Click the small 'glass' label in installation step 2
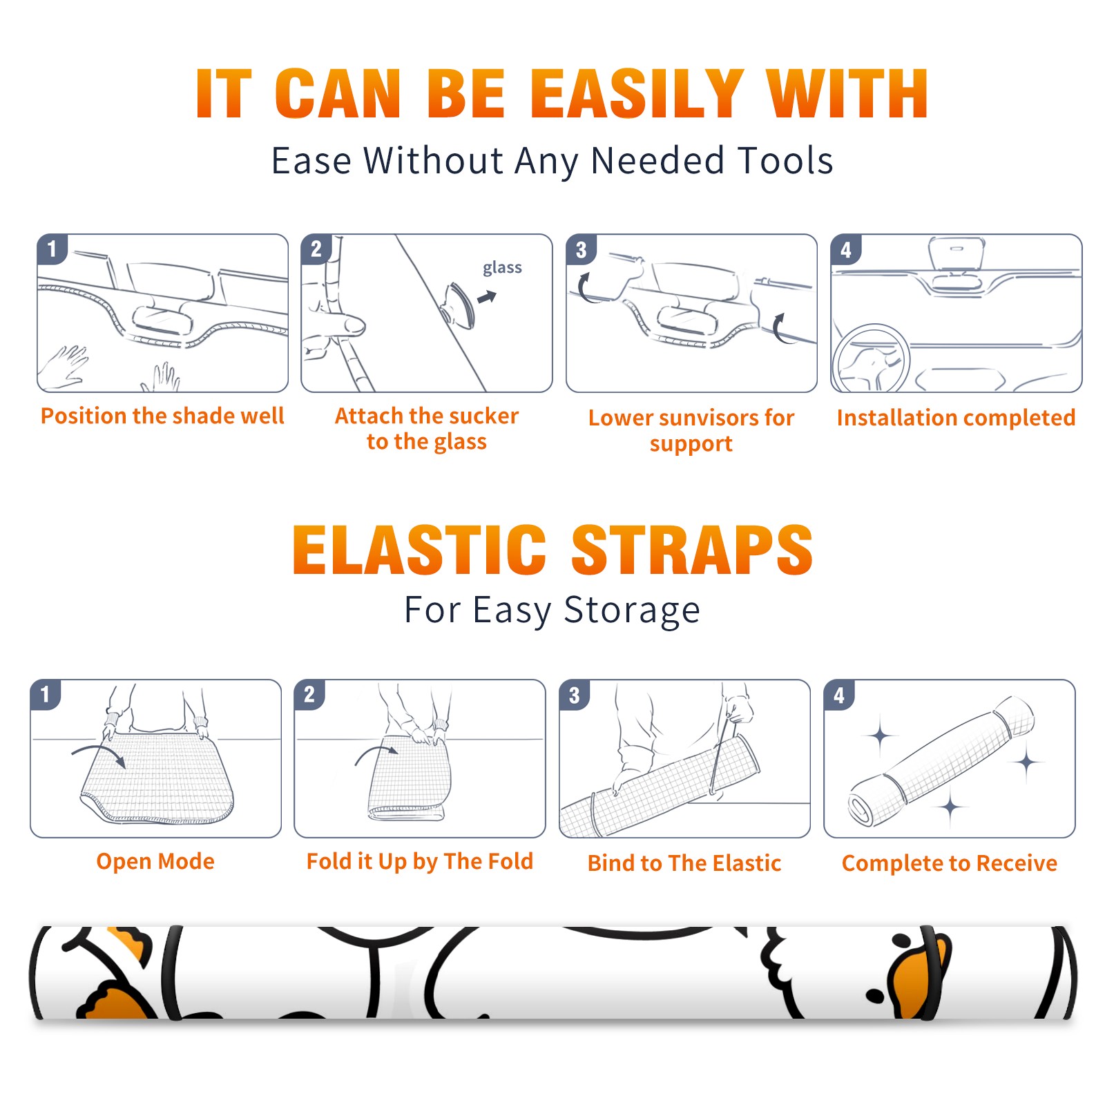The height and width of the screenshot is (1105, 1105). coord(502,268)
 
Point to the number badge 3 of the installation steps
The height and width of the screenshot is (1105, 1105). coord(581,249)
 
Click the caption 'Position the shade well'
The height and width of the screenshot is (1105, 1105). coord(162,416)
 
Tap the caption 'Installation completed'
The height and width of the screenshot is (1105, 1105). coord(956,417)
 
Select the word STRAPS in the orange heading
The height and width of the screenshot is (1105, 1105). coord(692,550)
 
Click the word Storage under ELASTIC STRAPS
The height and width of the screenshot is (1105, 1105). coord(632,611)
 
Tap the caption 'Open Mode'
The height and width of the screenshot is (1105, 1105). coord(155,861)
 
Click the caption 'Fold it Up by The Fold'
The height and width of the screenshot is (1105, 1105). coord(420,861)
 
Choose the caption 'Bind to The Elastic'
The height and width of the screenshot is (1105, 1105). coord(684,863)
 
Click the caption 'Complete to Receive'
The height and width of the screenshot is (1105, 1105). coord(950,863)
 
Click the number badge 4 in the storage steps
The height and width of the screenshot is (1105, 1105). coord(839,695)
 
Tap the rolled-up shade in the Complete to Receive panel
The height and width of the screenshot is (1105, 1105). coord(941,761)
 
